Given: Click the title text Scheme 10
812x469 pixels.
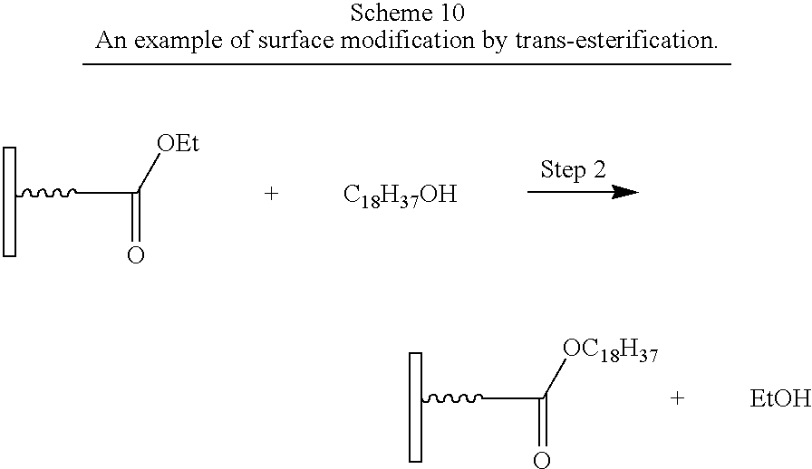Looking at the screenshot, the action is pyautogui.click(x=407, y=13).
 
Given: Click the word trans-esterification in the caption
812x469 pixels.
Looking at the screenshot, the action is pyautogui.click(x=616, y=40).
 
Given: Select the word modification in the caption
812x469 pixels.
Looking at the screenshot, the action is pyautogui.click(x=407, y=40).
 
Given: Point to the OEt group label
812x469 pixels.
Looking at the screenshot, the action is pyautogui.click(x=178, y=143).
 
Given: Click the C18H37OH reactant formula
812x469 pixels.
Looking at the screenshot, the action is pyautogui.click(x=401, y=196).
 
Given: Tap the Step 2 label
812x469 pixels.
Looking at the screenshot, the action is pyautogui.click(x=573, y=170).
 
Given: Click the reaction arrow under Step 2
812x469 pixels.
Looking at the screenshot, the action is pyautogui.click(x=583, y=192).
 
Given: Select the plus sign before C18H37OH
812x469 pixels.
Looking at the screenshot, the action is pyautogui.click(x=271, y=194).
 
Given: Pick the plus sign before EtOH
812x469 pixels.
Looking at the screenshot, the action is pyautogui.click(x=677, y=398).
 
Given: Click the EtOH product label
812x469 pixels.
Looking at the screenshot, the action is pyautogui.click(x=780, y=398).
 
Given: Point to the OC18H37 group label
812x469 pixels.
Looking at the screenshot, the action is pyautogui.click(x=610, y=351).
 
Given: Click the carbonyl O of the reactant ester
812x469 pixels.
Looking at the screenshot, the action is pyautogui.click(x=136, y=255).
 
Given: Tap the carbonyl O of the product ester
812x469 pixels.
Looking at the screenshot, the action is pyautogui.click(x=542, y=460).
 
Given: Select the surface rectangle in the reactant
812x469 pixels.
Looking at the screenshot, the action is pyautogui.click(x=9, y=202).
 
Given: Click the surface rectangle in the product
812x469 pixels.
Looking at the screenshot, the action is pyautogui.click(x=415, y=407).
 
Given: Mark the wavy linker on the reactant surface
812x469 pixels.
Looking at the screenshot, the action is pyautogui.click(x=46, y=194).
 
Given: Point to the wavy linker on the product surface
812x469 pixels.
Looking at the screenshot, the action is pyautogui.click(x=452, y=398).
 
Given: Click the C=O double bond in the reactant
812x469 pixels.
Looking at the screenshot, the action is pyautogui.click(x=136, y=217).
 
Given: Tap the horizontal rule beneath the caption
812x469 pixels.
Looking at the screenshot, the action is pyautogui.click(x=407, y=64).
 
